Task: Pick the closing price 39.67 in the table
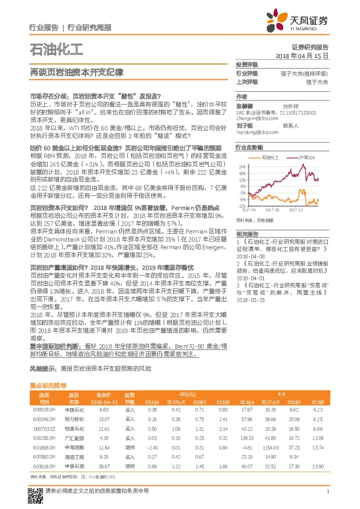point(103,467)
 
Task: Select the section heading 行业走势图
point(249,147)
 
